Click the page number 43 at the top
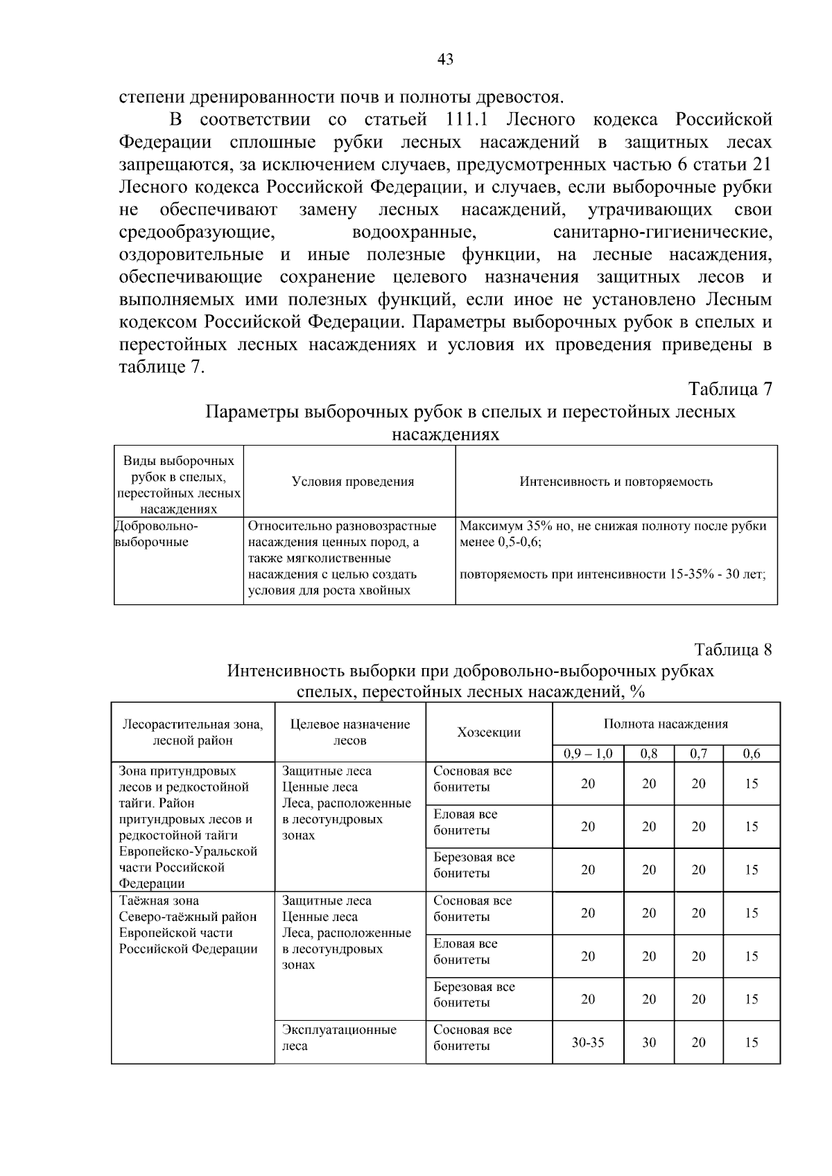tap(446, 60)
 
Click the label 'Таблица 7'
tap(730, 389)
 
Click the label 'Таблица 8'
tap(733, 649)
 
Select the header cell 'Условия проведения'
tap(352, 482)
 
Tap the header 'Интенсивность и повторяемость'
tap(616, 482)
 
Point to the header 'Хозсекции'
tap(489, 732)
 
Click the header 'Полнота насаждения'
tap(666, 724)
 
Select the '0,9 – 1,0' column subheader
tap(587, 754)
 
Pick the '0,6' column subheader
tap(752, 754)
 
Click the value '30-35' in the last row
tap(587, 1042)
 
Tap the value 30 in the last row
tap(648, 1042)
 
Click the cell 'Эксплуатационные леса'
tap(339, 1037)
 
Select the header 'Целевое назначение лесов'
tap(350, 732)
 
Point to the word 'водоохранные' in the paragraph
tap(413, 231)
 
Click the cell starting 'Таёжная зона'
tap(188, 924)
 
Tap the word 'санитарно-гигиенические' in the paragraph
tap(662, 231)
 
